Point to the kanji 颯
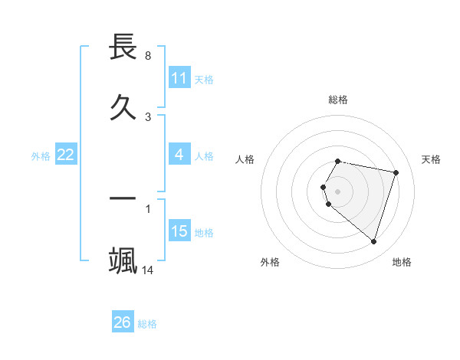123,260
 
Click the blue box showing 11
179,78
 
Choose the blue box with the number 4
179,155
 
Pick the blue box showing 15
179,231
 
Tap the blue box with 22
66,155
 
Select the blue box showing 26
123,322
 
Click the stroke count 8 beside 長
148,56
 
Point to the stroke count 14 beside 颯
148,270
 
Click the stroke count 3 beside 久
148,117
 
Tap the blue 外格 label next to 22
41,156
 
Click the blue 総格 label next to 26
147,324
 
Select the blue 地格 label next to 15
204,233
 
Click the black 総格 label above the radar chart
338,100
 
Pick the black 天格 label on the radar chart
432,159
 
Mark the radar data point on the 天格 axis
396,172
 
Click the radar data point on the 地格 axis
373,241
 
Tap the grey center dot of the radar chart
338,191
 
